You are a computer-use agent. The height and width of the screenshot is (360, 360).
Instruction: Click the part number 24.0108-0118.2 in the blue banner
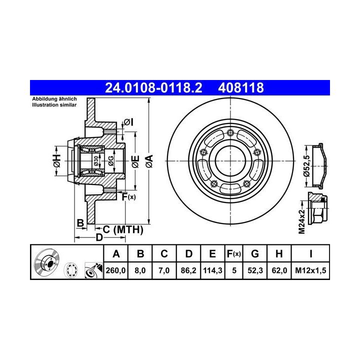point(153,87)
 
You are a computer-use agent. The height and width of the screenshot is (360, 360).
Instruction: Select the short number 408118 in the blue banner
point(241,87)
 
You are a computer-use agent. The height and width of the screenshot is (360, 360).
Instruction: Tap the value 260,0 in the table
point(115,270)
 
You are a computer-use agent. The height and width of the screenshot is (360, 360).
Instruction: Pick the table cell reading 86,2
point(188,270)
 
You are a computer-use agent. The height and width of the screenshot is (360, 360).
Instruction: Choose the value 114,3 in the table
point(212,270)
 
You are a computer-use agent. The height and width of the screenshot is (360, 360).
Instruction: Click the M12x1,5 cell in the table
point(310,270)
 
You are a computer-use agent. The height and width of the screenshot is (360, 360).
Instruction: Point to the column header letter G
point(255,253)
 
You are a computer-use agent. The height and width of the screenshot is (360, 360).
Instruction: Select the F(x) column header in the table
point(233,254)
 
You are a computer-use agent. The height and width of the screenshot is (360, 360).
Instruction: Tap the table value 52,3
point(255,270)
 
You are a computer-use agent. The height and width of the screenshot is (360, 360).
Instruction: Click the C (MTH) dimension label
point(123,229)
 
